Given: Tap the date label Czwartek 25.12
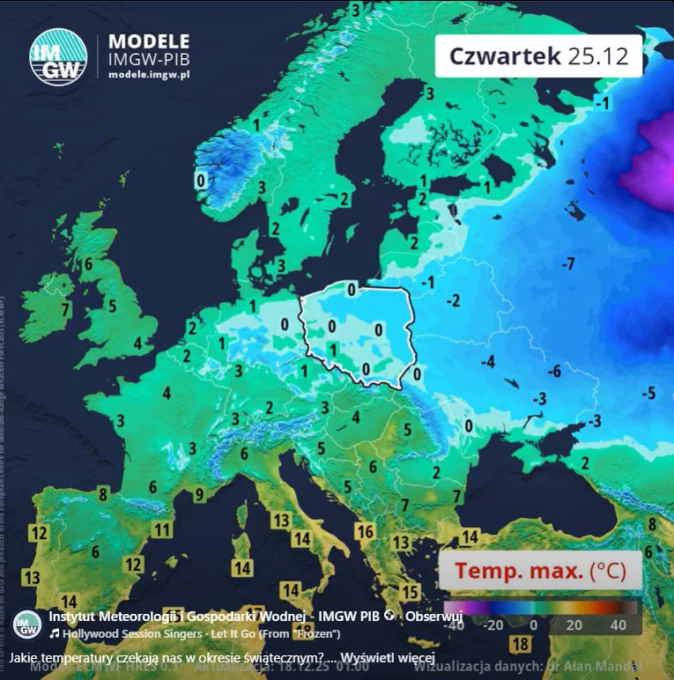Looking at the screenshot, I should click(x=538, y=55).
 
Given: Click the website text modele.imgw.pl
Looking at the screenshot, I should click(x=149, y=76).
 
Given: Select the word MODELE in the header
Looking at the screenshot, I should click(x=148, y=41).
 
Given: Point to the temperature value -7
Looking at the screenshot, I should click(x=568, y=263).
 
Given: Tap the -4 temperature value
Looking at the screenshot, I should click(x=487, y=362).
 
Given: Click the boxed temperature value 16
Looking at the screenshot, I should click(x=365, y=532).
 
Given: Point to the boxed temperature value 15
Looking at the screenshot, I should click(x=410, y=592).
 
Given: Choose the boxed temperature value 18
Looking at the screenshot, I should click(x=520, y=644).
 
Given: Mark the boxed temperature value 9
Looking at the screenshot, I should click(x=199, y=494).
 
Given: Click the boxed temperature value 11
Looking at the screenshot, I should click(x=161, y=529).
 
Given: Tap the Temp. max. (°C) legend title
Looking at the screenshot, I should click(x=539, y=571).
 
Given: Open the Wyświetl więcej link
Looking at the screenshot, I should click(x=388, y=659).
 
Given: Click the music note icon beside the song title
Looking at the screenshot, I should click(x=55, y=633).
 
